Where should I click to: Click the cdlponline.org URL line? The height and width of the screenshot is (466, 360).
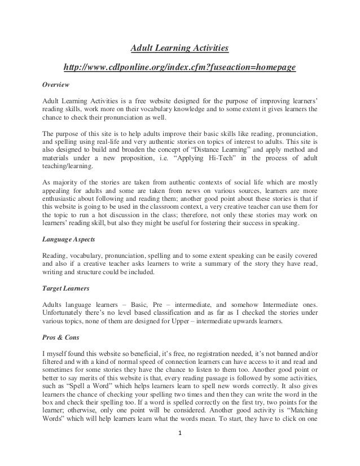point(180,68)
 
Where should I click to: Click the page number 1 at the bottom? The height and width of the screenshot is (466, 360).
point(180,450)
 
